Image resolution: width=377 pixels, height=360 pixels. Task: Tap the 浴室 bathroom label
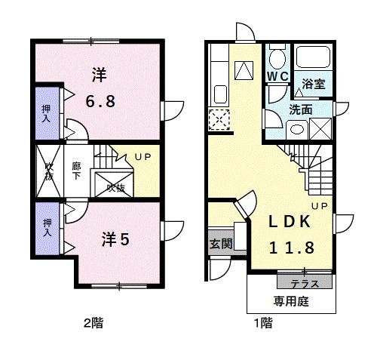click(x=314, y=84)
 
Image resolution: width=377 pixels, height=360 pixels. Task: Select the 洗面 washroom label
click(x=301, y=109)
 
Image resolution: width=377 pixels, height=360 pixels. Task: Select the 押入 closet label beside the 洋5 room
click(x=47, y=229)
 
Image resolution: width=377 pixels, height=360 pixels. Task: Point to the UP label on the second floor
click(x=143, y=157)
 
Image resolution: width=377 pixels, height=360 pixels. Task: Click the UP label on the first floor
click(x=319, y=205)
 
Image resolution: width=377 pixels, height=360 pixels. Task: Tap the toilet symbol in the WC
click(x=277, y=59)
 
